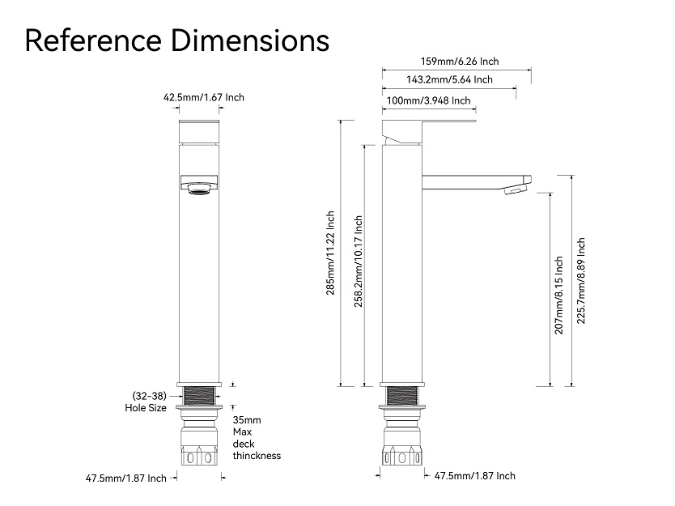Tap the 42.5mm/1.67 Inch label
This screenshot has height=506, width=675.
pyautogui.click(x=204, y=97)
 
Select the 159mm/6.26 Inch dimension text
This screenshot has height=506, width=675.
pyautogui.click(x=460, y=61)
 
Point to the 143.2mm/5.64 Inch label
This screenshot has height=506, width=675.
pyautogui.click(x=449, y=79)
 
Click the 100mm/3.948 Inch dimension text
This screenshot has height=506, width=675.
pyautogui.click(x=429, y=100)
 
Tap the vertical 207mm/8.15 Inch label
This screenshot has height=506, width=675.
pyautogui.click(x=558, y=296)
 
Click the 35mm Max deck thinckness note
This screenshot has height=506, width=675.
pyautogui.click(x=257, y=438)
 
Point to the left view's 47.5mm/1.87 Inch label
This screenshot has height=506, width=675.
pyautogui.click(x=125, y=478)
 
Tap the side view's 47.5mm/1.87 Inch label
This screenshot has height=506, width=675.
pyautogui.click(x=474, y=476)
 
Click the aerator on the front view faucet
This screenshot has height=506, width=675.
pyautogui.click(x=198, y=190)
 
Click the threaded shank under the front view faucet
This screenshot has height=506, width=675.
pyautogui.click(x=198, y=397)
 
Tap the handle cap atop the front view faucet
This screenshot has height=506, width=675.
pyautogui.click(x=198, y=132)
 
